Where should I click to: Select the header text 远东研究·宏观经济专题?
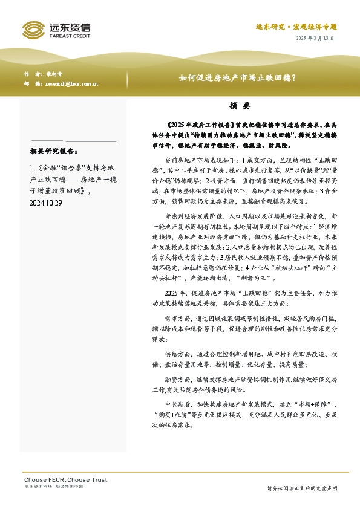point(295,27)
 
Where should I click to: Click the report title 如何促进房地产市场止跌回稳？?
point(237,78)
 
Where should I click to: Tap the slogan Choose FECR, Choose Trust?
point(65,479)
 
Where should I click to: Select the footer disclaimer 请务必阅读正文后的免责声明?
point(302,488)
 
